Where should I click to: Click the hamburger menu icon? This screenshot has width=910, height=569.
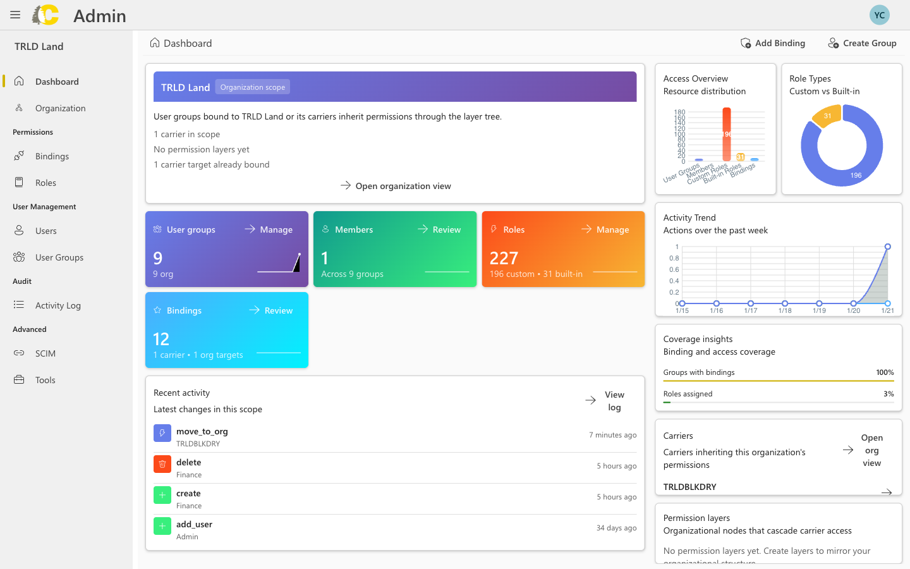pyautogui.click(x=15, y=15)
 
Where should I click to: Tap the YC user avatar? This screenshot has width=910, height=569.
pyautogui.click(x=879, y=15)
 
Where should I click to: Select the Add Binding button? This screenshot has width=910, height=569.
pyautogui.click(x=773, y=43)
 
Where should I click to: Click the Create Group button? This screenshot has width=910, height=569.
pyautogui.click(x=862, y=43)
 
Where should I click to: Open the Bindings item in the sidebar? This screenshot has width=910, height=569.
pyautogui.click(x=52, y=156)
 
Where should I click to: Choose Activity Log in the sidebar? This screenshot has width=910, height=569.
pyautogui.click(x=58, y=305)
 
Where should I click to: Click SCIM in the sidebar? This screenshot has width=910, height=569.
pyautogui.click(x=45, y=353)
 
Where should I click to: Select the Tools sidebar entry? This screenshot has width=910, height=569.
pyautogui.click(x=45, y=380)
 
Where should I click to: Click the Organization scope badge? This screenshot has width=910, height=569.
pyautogui.click(x=252, y=87)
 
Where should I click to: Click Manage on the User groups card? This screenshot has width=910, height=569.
pyautogui.click(x=269, y=229)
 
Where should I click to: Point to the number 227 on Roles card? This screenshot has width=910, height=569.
pyautogui.click(x=504, y=258)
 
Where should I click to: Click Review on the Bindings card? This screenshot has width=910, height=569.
pyautogui.click(x=271, y=310)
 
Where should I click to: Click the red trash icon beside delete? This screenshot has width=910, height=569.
pyautogui.click(x=162, y=464)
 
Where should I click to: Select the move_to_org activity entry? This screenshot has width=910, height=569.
pyautogui.click(x=202, y=432)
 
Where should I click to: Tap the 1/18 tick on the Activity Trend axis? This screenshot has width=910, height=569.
pyautogui.click(x=785, y=310)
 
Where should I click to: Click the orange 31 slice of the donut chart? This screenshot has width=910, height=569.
pyautogui.click(x=827, y=116)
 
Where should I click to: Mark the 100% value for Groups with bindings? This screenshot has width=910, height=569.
pyautogui.click(x=885, y=372)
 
